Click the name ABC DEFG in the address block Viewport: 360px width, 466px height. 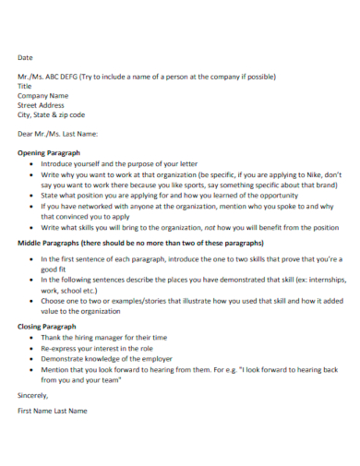(62, 77)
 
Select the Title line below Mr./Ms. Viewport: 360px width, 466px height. (25, 86)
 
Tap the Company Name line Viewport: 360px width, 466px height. (43, 96)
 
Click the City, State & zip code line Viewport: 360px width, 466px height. (52, 115)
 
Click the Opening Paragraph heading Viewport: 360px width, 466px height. (54, 153)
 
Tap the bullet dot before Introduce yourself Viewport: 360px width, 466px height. (32, 163)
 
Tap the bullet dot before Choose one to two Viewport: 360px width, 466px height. (32, 301)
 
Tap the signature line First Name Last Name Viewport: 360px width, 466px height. (53, 410)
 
